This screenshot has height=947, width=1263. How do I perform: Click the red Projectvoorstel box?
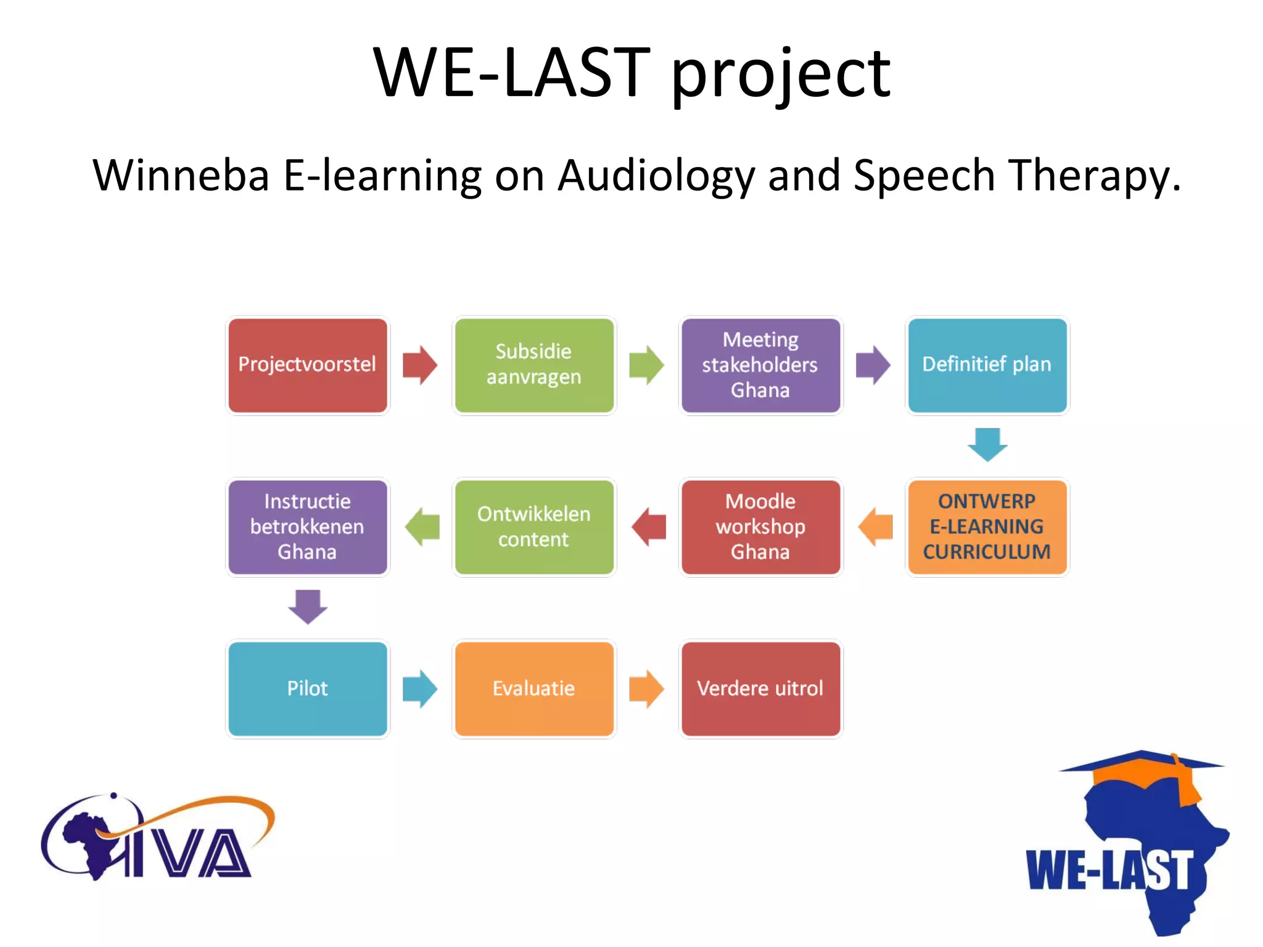[x=307, y=365]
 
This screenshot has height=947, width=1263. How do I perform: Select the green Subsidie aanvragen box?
[x=534, y=365]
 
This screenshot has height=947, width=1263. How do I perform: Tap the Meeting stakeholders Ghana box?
[x=760, y=365]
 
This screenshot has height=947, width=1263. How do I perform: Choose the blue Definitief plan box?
[x=987, y=365]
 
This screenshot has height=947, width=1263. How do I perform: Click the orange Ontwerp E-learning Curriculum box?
[x=987, y=527]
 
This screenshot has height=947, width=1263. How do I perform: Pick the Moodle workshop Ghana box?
[x=760, y=527]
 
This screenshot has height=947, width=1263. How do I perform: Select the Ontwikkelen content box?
[x=534, y=527]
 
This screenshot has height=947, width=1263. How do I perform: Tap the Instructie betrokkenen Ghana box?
[x=307, y=527]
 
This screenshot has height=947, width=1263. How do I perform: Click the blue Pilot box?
[x=307, y=689]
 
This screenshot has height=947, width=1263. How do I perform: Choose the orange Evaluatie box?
[x=534, y=689]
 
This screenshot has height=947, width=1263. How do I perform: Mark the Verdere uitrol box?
[x=760, y=689]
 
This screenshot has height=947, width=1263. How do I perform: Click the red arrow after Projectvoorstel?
[x=420, y=365]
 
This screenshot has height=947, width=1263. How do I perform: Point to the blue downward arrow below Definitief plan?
[x=987, y=445]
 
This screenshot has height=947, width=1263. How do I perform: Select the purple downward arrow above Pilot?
[x=308, y=607]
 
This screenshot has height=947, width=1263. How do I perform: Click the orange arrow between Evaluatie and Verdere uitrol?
[x=646, y=689]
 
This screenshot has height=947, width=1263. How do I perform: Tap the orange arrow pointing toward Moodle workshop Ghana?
[x=875, y=527]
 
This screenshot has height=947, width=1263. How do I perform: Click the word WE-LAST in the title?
[x=512, y=74]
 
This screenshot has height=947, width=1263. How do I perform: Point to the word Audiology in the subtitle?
[x=656, y=176]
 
